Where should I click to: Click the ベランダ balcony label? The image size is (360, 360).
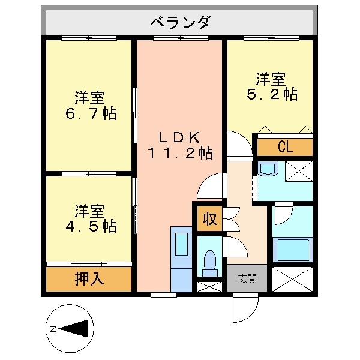tap(179, 23)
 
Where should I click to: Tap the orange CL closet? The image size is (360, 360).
tap(285, 147)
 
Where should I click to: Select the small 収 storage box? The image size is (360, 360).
tap(209, 217)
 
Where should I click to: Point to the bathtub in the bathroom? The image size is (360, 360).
tap(292, 249)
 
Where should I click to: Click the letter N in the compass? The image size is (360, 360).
tap(53, 329)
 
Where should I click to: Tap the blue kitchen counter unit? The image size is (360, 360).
tap(181, 258)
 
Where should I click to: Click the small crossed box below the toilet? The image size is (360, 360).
tap(209, 286)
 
